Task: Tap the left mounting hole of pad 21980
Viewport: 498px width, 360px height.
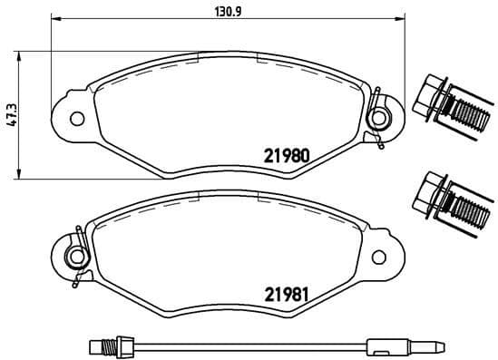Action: pos(76,117)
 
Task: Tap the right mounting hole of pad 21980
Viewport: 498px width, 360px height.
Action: pos(379,117)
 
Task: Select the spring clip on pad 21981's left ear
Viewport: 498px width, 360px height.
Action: pos(78,254)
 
